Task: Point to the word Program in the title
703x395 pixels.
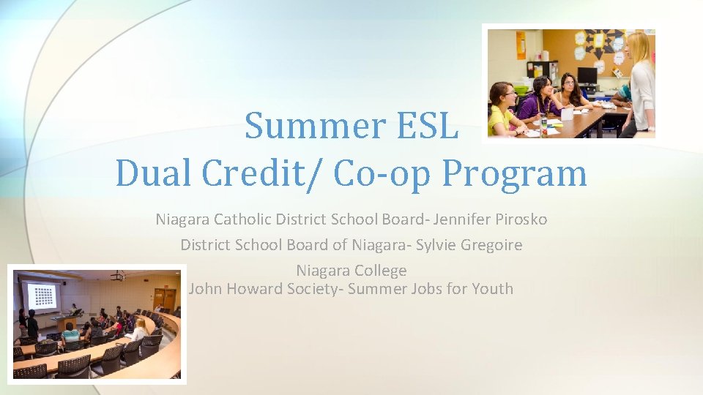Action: click(x=516, y=174)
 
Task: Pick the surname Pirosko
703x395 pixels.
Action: click(x=520, y=219)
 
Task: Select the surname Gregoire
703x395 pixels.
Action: click(x=491, y=245)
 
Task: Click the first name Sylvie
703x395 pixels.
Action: click(x=436, y=245)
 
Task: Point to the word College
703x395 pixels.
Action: click(x=379, y=271)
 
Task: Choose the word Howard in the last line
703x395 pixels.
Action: click(x=256, y=289)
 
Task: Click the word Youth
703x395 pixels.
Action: click(x=491, y=289)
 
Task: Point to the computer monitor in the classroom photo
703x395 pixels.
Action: click(x=587, y=76)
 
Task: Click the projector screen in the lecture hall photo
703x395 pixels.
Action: click(x=41, y=297)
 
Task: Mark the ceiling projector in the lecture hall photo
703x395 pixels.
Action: click(x=117, y=276)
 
